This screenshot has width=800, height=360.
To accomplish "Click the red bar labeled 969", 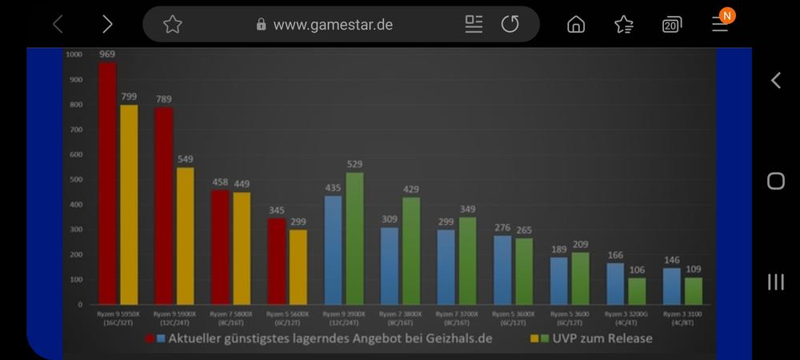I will [x=107, y=184].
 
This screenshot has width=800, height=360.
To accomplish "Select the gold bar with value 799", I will [x=129, y=205].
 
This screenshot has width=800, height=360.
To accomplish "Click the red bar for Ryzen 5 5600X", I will [x=276, y=261].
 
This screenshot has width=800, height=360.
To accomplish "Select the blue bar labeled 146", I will [x=672, y=286].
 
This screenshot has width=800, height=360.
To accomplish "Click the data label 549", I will [x=185, y=159].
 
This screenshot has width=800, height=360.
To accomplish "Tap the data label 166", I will [x=615, y=255].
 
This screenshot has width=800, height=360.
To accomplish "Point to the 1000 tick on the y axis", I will [x=74, y=54].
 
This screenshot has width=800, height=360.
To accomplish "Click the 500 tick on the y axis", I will [x=75, y=179].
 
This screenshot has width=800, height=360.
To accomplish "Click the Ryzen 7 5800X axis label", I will [x=230, y=318].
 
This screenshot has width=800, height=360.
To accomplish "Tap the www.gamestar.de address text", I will [x=333, y=24].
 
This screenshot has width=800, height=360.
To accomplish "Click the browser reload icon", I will [x=510, y=24].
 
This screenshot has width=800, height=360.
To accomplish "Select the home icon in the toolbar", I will [x=575, y=24].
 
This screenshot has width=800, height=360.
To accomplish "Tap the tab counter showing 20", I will [x=672, y=25].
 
